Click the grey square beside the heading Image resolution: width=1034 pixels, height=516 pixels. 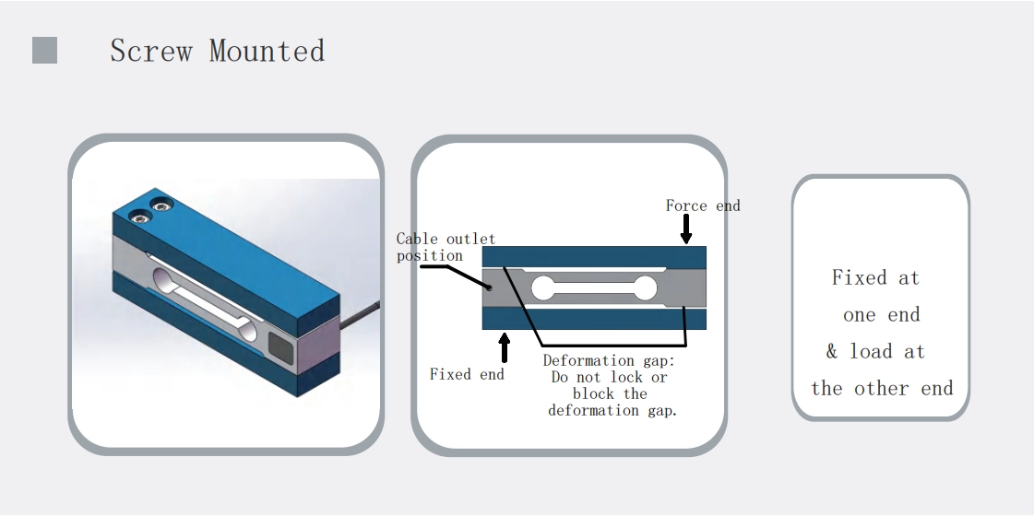(44, 51)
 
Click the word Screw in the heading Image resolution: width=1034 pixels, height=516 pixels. (150, 51)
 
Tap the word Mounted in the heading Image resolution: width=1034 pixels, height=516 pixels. (267, 51)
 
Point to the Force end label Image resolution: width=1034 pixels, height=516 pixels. (703, 205)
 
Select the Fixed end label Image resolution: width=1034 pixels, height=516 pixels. (467, 374)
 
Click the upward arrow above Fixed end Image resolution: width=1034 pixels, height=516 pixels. (504, 347)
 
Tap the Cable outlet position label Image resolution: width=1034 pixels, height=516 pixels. (445, 247)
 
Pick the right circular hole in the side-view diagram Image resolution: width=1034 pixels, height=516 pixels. (645, 288)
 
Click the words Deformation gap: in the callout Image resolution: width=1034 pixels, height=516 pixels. (609, 360)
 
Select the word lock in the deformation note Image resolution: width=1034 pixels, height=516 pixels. (626, 377)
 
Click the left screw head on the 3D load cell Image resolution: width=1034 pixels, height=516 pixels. (141, 217)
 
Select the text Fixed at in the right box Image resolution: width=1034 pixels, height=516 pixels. (875, 277)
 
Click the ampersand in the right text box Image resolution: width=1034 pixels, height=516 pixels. (832, 351)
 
